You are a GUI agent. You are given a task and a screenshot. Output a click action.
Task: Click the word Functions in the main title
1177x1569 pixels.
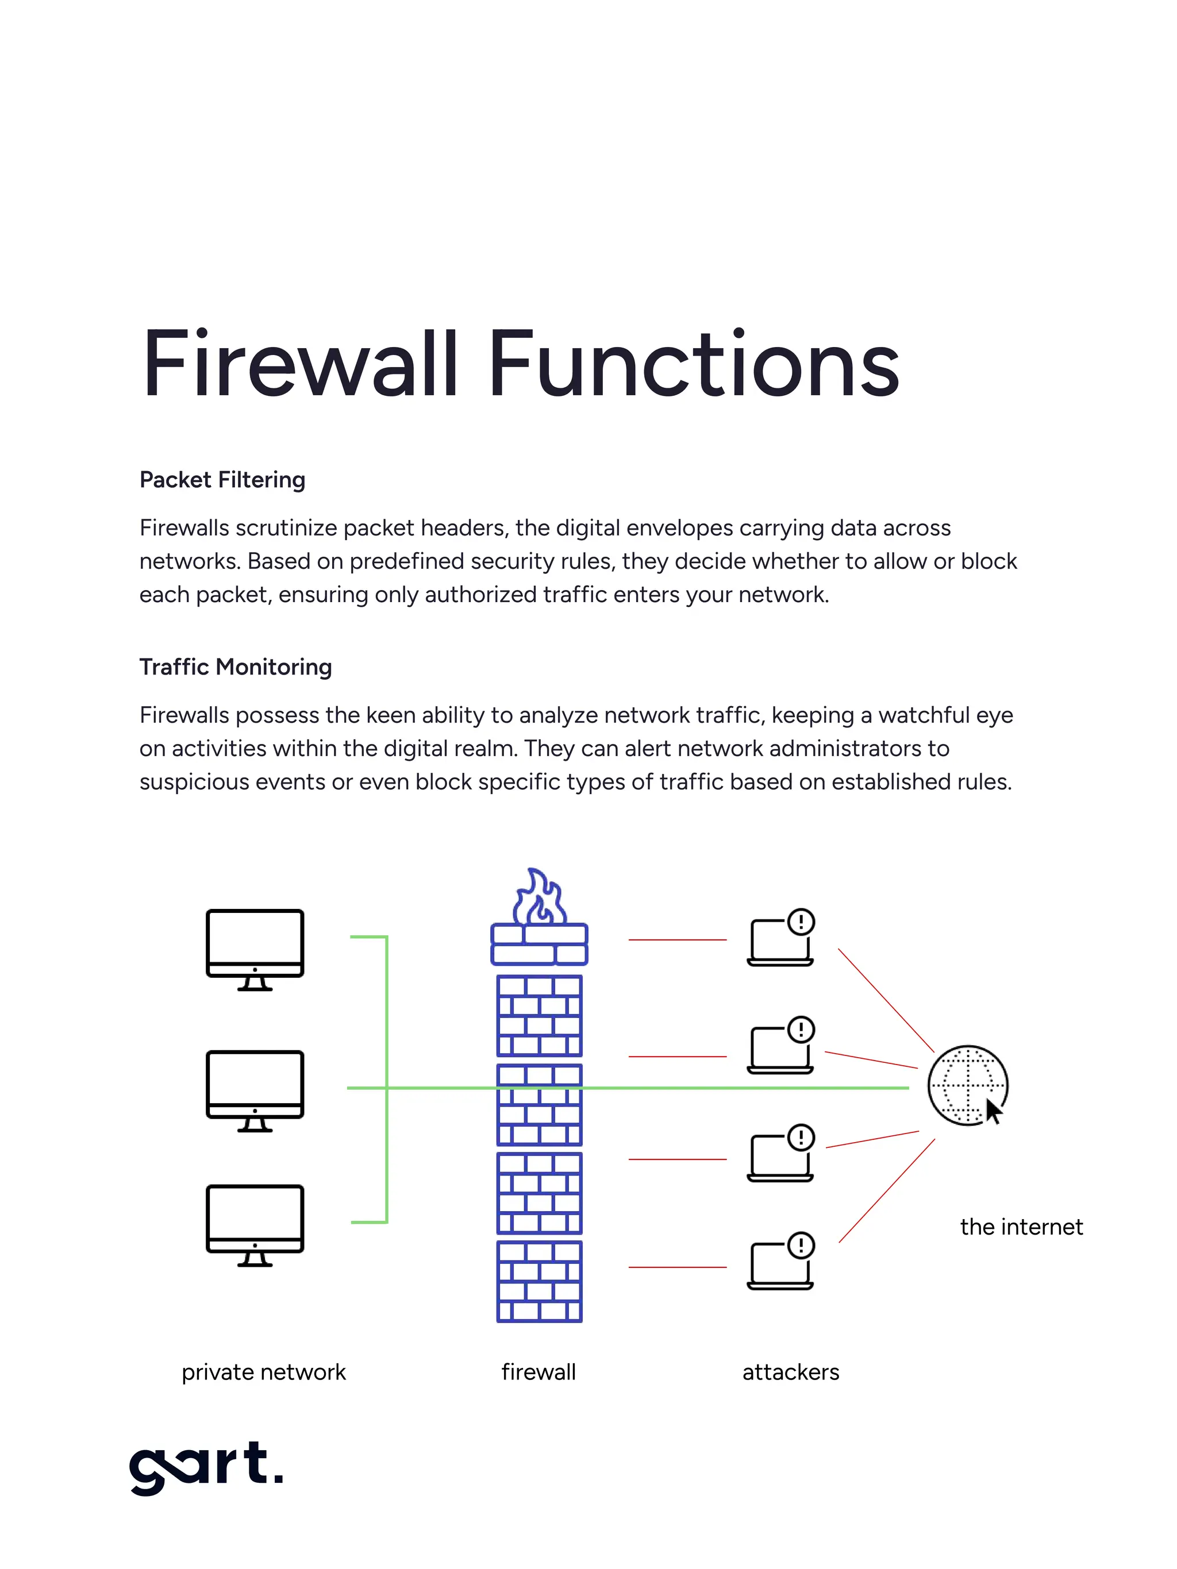693,365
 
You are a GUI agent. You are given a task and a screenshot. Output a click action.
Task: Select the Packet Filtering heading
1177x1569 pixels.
222,480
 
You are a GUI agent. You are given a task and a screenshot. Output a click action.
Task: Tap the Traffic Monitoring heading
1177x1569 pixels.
236,668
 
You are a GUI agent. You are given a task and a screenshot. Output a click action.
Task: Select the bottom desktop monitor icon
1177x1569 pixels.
255,1222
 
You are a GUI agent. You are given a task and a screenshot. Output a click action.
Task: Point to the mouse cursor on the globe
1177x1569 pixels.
993,1112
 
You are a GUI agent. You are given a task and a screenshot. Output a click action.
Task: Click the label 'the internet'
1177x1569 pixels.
1020,1227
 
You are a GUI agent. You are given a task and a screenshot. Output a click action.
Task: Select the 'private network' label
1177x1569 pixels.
263,1373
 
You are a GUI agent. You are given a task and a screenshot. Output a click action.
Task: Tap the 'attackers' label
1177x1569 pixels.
790,1373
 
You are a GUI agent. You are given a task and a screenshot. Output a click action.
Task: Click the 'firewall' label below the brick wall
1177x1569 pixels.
539,1373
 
